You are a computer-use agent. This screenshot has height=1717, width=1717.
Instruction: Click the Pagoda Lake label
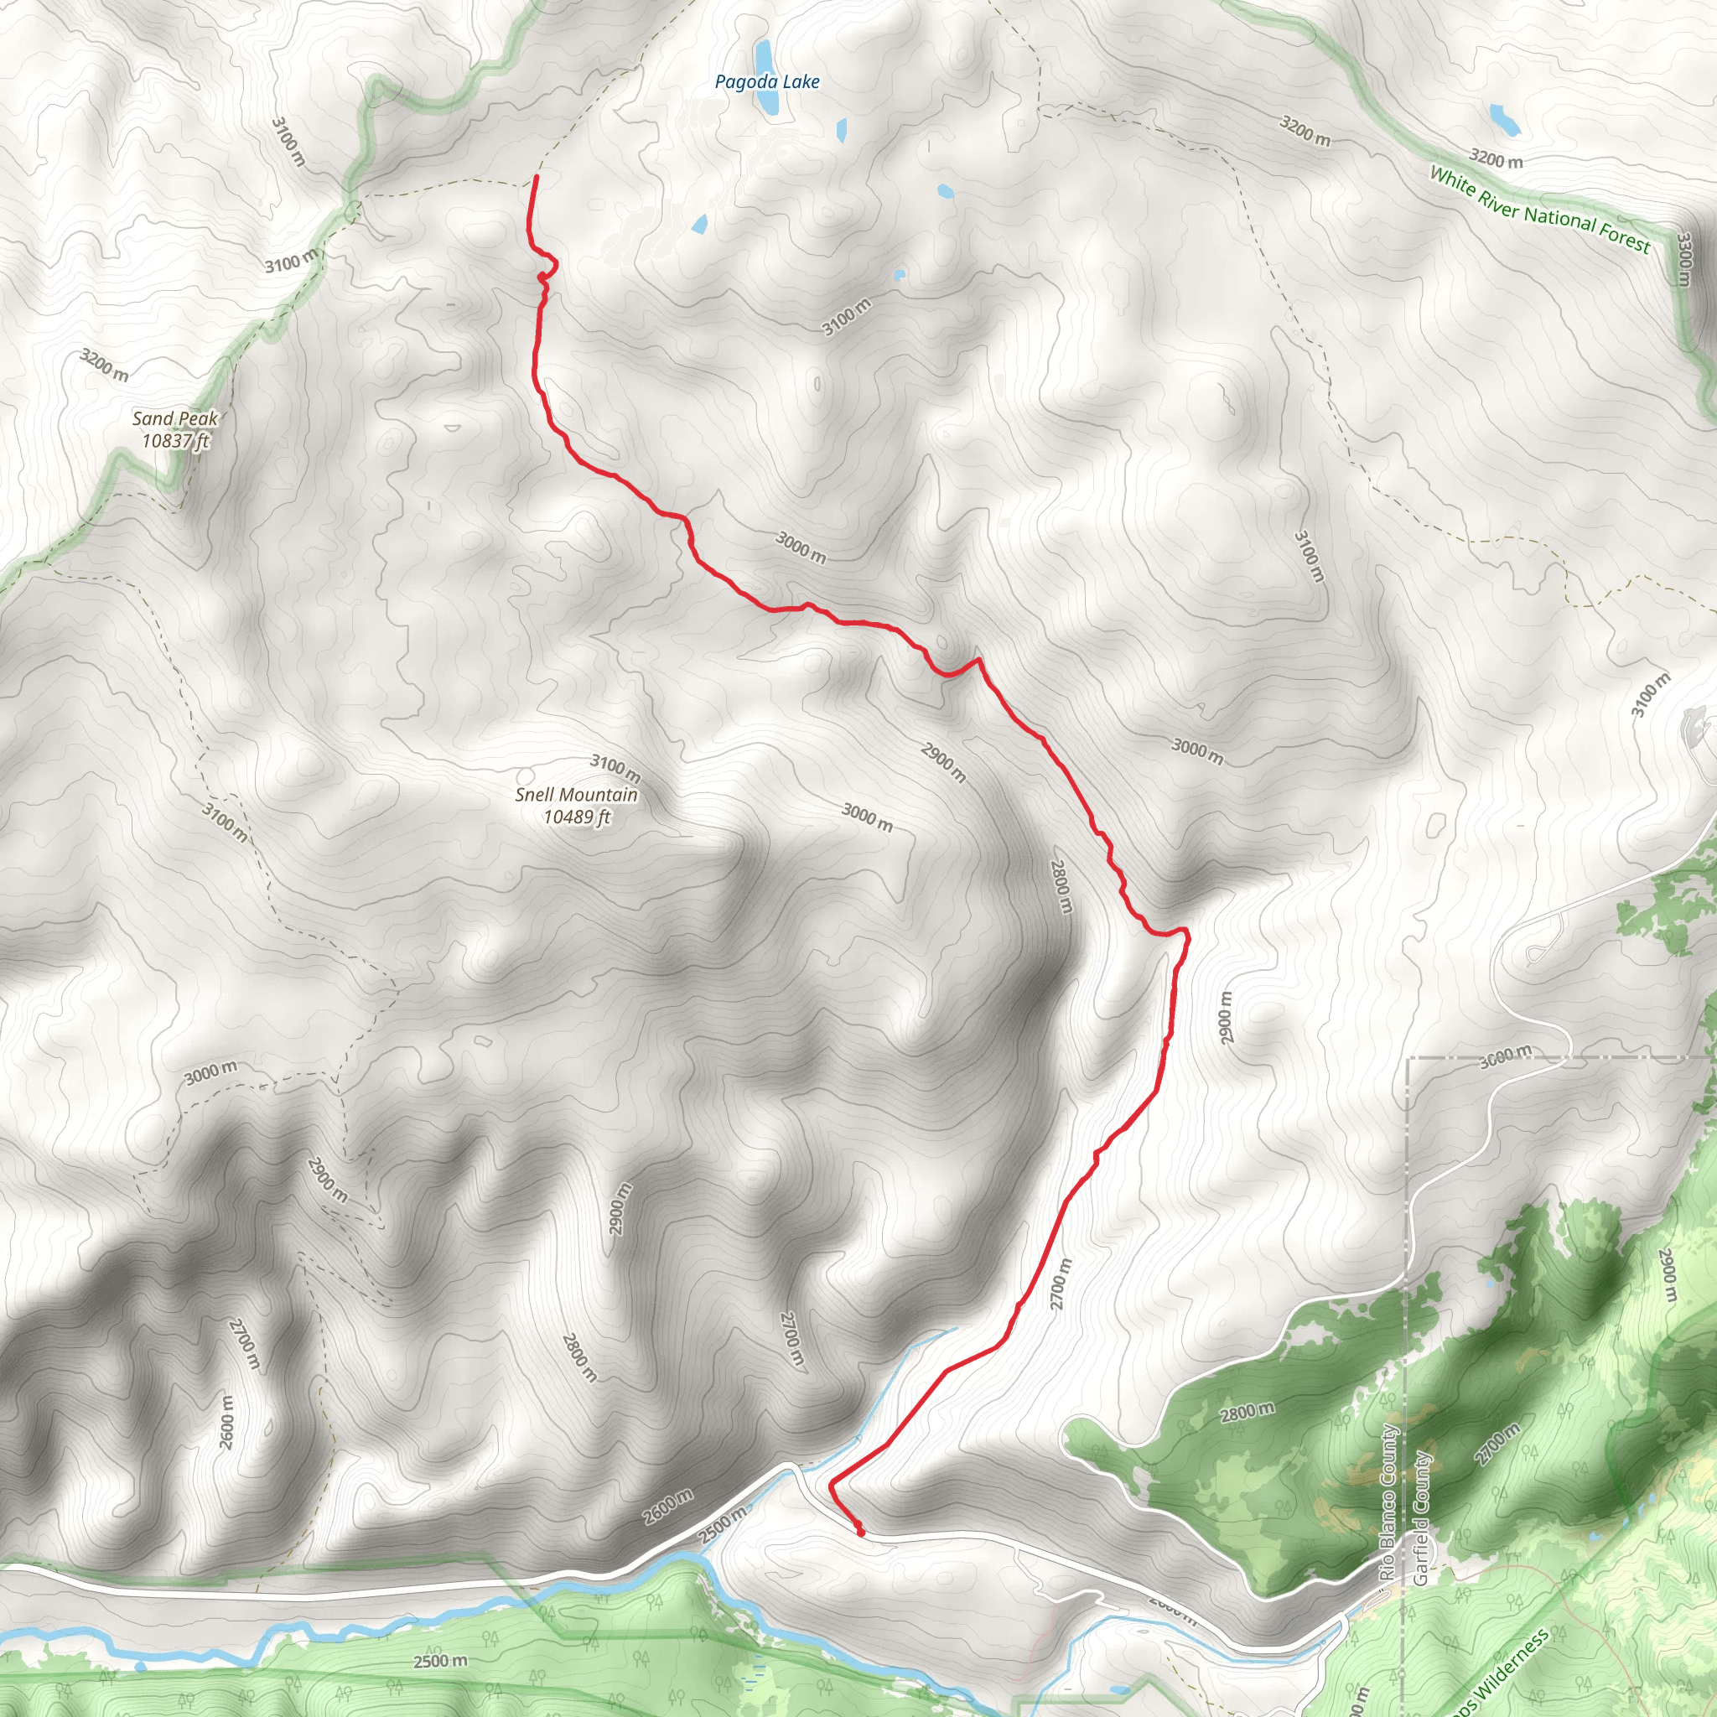pyautogui.click(x=767, y=83)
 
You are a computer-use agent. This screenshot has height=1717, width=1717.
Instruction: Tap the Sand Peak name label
pyautogui.click(x=175, y=418)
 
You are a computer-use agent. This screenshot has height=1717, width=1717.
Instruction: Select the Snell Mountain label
pyautogui.click(x=576, y=795)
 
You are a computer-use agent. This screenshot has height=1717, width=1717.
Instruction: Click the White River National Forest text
pyautogui.click(x=1539, y=210)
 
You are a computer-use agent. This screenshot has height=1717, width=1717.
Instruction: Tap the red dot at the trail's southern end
pyautogui.click(x=860, y=1531)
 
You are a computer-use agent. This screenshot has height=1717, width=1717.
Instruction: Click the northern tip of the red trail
pyautogui.click(x=536, y=178)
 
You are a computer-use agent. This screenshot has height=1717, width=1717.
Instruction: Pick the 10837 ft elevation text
pyautogui.click(x=175, y=441)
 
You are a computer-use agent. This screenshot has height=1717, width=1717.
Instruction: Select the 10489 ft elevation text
pyautogui.click(x=577, y=817)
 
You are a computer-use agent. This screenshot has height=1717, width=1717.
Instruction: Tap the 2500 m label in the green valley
pyautogui.click(x=440, y=1661)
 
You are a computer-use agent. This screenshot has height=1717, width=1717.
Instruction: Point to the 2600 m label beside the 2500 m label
pyautogui.click(x=667, y=1507)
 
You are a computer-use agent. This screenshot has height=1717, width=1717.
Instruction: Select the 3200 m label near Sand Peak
pyautogui.click(x=105, y=366)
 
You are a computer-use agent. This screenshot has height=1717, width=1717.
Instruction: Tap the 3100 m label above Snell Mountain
pyautogui.click(x=615, y=768)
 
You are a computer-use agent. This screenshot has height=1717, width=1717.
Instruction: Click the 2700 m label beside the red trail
pyautogui.click(x=1061, y=1284)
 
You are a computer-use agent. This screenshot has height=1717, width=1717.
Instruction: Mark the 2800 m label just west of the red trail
pyautogui.click(x=1061, y=885)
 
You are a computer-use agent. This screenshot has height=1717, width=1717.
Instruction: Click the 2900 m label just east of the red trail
pyautogui.click(x=1226, y=1018)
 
